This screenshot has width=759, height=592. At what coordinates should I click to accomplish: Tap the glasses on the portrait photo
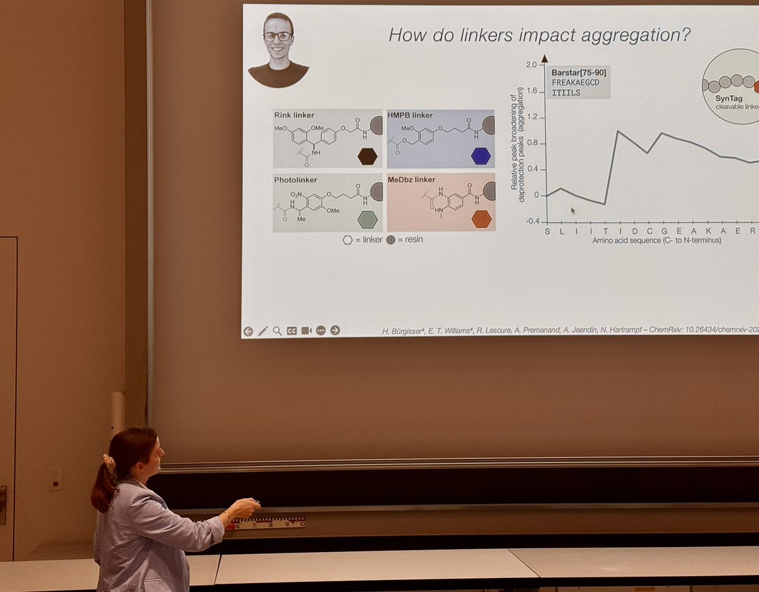(x=278, y=36)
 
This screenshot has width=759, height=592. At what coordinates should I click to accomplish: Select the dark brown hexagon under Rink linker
(x=367, y=156)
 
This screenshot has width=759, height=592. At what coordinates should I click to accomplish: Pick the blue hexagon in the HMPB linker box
(x=481, y=156)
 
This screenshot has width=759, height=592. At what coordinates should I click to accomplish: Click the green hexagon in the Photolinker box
(x=367, y=220)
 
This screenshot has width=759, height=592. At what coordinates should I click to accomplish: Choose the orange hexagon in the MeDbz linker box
(x=481, y=219)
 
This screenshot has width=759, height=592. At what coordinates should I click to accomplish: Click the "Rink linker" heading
(x=294, y=115)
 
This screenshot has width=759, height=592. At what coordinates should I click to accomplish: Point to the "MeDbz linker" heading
(x=412, y=180)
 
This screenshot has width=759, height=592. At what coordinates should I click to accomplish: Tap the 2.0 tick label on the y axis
(x=531, y=65)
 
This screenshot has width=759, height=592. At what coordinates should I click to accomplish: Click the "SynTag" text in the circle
(x=729, y=99)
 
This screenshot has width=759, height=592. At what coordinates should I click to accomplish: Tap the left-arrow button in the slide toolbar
(x=248, y=331)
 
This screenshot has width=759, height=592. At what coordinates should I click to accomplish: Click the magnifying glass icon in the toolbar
(x=277, y=331)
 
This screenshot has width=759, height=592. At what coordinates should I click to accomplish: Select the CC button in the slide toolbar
(x=292, y=331)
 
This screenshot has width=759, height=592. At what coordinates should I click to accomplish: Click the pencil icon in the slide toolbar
(x=262, y=331)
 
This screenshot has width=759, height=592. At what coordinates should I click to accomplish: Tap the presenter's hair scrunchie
(x=109, y=463)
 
